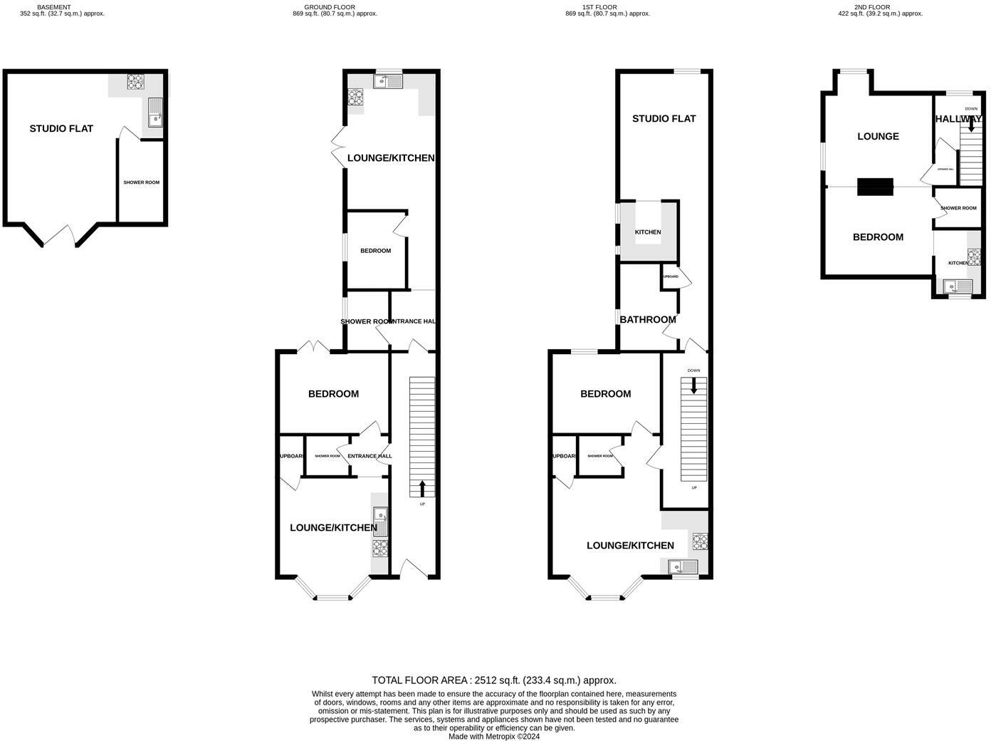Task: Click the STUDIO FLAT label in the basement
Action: [x=61, y=129]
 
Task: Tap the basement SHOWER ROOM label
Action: [x=142, y=182]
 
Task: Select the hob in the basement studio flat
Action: [x=135, y=82]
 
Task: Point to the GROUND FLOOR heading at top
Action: [x=335, y=7]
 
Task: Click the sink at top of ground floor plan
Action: [x=388, y=82]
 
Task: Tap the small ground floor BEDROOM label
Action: [x=375, y=251]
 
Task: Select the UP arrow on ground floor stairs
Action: [x=422, y=488]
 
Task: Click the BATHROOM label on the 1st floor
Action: [x=648, y=320]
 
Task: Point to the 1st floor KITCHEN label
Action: [x=648, y=232]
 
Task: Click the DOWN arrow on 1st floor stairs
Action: [x=694, y=385]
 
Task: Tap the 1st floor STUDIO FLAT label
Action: [x=664, y=119]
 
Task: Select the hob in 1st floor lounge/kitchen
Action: [x=701, y=541]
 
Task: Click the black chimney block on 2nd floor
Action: [x=875, y=187]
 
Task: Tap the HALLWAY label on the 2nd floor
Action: [x=958, y=120]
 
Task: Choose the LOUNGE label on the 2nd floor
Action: [x=878, y=137]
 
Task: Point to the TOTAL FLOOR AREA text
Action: [x=494, y=680]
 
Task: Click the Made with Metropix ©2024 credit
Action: [x=494, y=737]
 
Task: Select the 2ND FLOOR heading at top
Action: [x=872, y=7]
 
